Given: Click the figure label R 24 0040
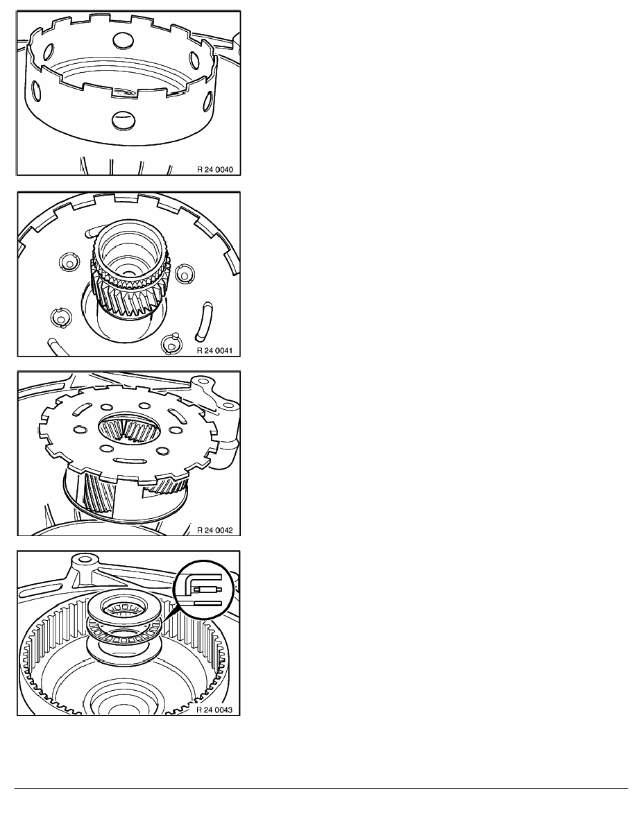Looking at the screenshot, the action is click(x=214, y=170).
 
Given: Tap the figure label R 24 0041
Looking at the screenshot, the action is click(x=214, y=350).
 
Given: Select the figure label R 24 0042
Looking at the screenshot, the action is click(x=214, y=530).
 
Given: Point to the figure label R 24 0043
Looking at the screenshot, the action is click(x=214, y=710).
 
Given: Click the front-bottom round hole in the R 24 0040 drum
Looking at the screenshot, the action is click(x=121, y=121).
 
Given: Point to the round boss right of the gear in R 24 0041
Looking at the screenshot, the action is click(x=184, y=273).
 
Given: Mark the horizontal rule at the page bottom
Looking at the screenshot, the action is click(x=321, y=788).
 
